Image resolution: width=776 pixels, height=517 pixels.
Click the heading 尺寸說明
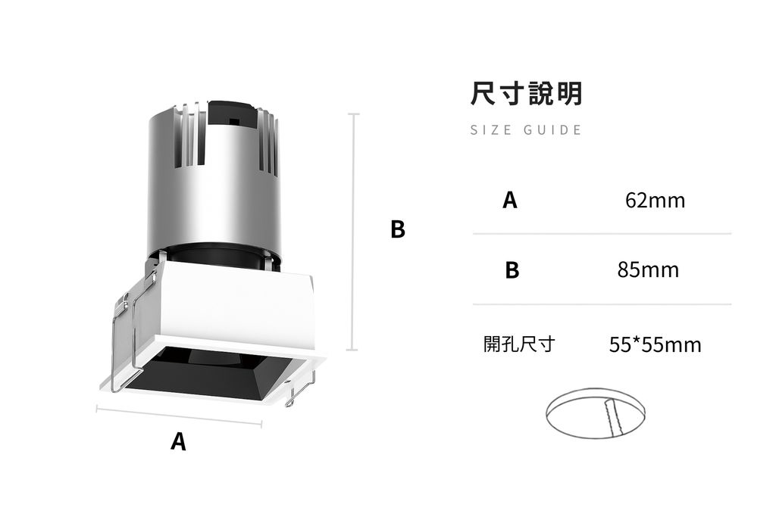pyautogui.click(x=526, y=93)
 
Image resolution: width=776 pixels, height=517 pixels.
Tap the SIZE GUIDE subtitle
pyautogui.click(x=526, y=130)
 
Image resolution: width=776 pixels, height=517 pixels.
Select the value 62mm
pyautogui.click(x=655, y=200)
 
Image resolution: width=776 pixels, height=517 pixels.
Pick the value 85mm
pyautogui.click(x=648, y=270)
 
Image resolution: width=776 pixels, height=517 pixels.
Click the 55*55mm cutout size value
pyautogui.click(x=655, y=344)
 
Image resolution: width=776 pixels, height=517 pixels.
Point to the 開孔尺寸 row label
pyautogui.click(x=519, y=344)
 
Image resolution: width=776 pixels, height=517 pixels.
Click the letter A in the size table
pyautogui.click(x=510, y=200)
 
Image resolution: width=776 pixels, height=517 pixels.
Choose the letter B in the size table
pyautogui.click(x=512, y=270)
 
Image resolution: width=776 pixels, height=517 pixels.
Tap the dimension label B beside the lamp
pyautogui.click(x=398, y=229)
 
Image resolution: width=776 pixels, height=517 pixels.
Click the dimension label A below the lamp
pyautogui.click(x=178, y=441)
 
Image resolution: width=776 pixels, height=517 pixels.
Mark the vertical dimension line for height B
pyautogui.click(x=353, y=232)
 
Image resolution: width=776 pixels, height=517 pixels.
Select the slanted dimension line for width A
pyautogui.click(x=179, y=416)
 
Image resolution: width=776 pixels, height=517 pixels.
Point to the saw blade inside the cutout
pyautogui.click(x=612, y=418)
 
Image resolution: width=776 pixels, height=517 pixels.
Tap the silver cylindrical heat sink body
pyautogui.click(x=214, y=183)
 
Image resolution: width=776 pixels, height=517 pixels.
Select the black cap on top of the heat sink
pyautogui.click(x=232, y=112)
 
